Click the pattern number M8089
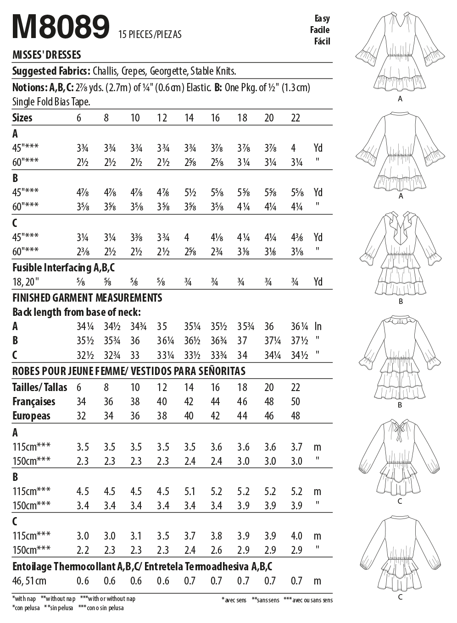61,27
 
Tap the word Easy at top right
322,18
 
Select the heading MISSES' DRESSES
46,55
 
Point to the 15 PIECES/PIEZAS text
150,34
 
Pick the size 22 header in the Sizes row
295,118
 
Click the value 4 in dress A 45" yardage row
293,148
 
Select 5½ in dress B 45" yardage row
189,193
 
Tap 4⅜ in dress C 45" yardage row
297,237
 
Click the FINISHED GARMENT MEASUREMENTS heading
87,298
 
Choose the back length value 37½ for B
299,341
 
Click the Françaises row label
33,402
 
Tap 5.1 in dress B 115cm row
189,491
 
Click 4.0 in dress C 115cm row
296,536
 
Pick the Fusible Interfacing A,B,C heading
63,268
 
